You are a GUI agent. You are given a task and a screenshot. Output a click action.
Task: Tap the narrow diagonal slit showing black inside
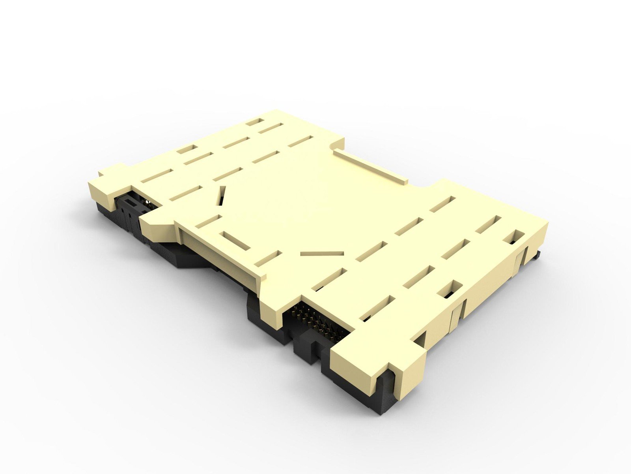(222, 196)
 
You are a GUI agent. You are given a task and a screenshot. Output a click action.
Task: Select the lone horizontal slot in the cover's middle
(322, 253)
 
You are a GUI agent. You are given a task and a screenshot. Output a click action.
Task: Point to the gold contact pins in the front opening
(315, 320)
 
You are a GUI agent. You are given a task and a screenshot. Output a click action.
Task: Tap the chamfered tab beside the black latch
(158, 229)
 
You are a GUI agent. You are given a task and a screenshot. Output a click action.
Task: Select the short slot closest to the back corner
(255, 122)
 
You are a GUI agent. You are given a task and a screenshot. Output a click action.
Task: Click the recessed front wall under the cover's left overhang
(221, 253)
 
